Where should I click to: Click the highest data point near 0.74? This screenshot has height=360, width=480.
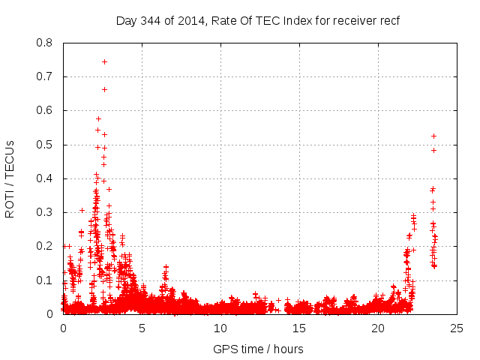pos(104,61)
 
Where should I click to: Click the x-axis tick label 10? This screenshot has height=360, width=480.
pos(220,328)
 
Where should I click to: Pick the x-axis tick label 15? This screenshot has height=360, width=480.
pos(299,328)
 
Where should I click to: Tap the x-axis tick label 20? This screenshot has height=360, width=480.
pos(378,328)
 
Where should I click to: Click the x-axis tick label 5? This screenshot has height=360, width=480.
pos(142,328)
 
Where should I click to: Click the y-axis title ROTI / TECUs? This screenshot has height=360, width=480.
pos(10,178)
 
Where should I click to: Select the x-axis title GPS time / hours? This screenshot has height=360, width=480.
pos(258,349)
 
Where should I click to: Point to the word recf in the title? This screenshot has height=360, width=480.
pos(389,20)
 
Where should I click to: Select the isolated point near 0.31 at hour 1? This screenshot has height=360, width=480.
pos(82,210)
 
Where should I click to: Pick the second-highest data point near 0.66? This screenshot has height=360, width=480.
pos(104,89)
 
